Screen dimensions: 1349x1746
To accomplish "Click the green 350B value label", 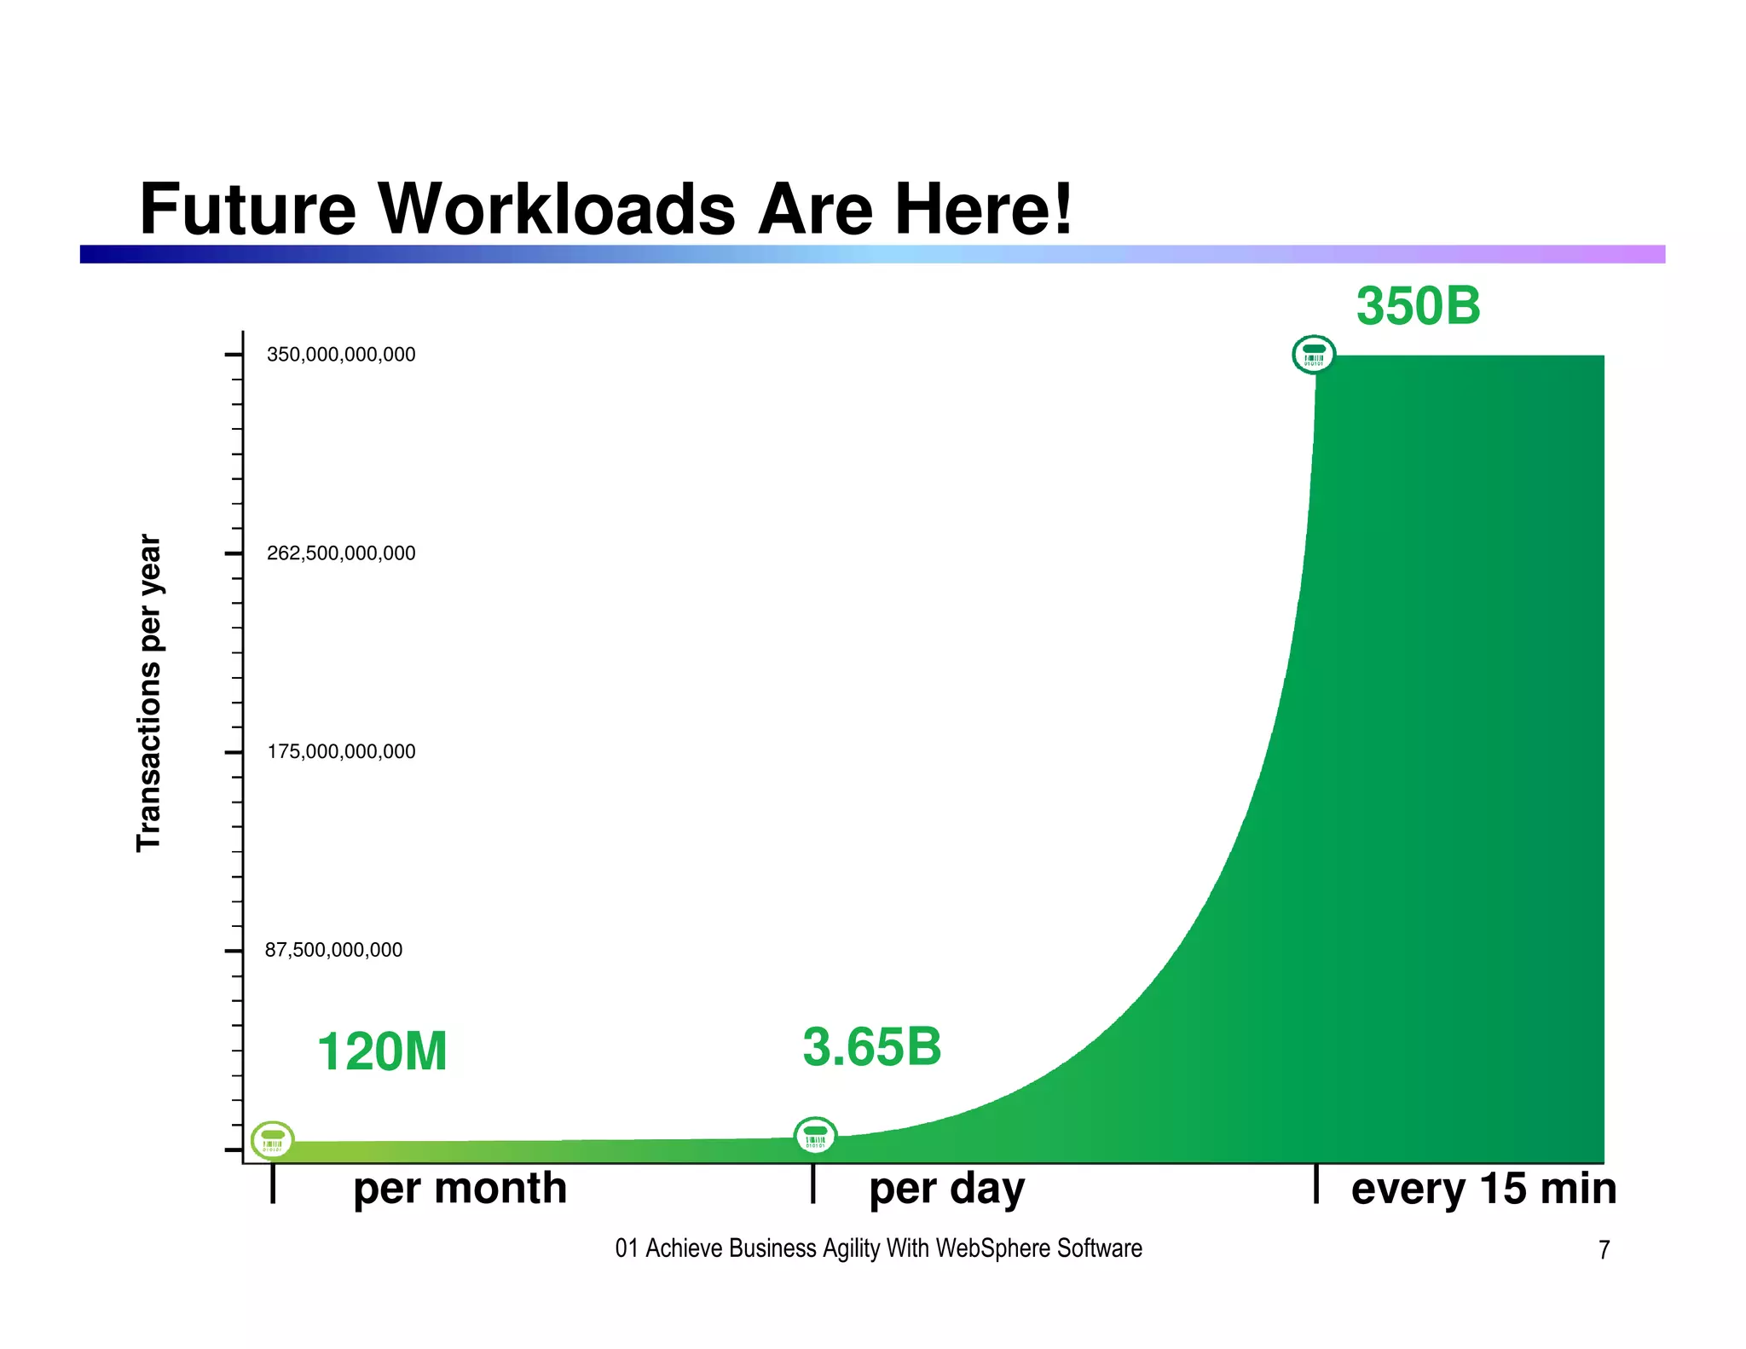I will [1418, 306].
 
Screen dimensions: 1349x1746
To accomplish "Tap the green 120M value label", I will [382, 1051].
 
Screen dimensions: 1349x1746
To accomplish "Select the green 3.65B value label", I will [871, 1047].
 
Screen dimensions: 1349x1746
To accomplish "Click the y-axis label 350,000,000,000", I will [341, 355].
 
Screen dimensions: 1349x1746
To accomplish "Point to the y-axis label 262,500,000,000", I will [341, 553].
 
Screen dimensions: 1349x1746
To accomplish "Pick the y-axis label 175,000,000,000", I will [341, 752].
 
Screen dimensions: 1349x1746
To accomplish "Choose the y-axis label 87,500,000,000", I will [333, 950].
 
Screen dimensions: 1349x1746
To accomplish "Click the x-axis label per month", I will [460, 1188].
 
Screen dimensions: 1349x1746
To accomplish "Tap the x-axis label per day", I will [946, 1188].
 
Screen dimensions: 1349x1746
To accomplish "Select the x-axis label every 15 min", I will [1483, 1188].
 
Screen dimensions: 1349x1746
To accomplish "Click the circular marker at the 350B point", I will [1314, 355].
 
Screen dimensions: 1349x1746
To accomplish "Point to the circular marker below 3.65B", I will [815, 1136].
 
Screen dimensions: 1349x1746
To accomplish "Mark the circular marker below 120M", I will [273, 1140].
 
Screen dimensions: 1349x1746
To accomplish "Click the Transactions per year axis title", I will [149, 692].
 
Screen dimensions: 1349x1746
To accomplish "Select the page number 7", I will [1604, 1250].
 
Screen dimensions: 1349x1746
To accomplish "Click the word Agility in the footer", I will [852, 1248].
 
